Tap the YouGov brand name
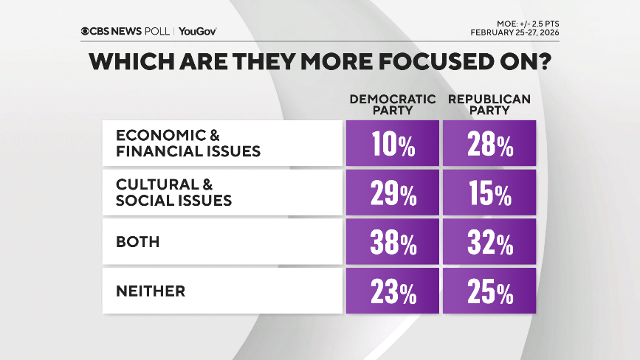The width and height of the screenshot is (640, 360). click(197, 31)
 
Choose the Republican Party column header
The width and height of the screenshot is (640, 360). click(489, 105)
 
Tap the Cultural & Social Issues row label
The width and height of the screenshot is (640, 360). click(174, 193)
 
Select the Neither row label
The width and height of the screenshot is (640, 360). click(151, 291)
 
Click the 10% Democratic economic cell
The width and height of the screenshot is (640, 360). click(392, 144)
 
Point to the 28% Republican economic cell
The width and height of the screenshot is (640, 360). click(489, 144)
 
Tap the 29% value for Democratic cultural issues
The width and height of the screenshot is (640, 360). click(392, 193)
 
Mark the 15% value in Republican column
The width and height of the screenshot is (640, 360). click(489, 193)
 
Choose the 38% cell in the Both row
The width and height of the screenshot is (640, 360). click(392, 242)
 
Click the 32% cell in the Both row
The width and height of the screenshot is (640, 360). click(489, 242)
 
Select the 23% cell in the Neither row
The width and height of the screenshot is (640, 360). click(392, 291)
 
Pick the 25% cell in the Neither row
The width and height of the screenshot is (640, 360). click(489, 291)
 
